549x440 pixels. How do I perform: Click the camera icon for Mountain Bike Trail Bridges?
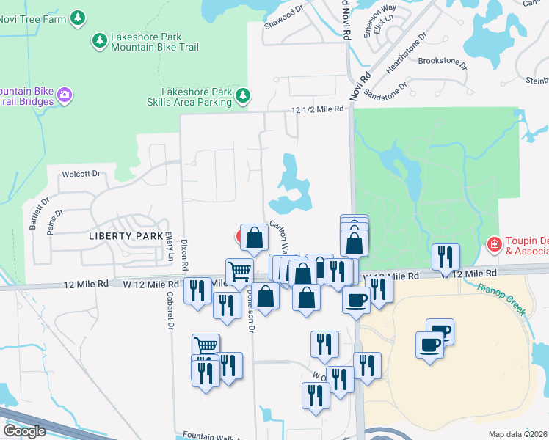65,95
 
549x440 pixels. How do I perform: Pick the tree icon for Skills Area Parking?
243,95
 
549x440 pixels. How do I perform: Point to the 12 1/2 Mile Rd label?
317,109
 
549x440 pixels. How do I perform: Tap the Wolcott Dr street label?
81,174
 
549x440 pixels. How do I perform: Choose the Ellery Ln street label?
170,247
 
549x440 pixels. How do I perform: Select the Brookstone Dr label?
443,62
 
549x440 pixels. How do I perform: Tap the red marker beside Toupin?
495,243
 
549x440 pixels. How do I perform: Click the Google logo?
25,431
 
